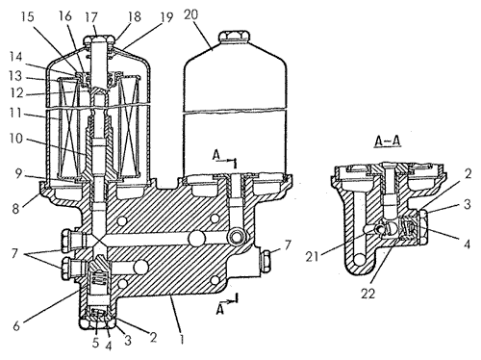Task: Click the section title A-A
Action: click(388, 141)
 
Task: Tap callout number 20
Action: click(191, 14)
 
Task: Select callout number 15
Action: click(27, 16)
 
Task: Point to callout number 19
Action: click(166, 17)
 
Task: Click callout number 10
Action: click(16, 139)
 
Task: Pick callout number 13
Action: click(15, 76)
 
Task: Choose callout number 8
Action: click(16, 209)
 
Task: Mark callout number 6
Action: click(16, 325)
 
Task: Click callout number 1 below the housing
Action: click(182, 339)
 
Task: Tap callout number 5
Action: click(95, 343)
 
